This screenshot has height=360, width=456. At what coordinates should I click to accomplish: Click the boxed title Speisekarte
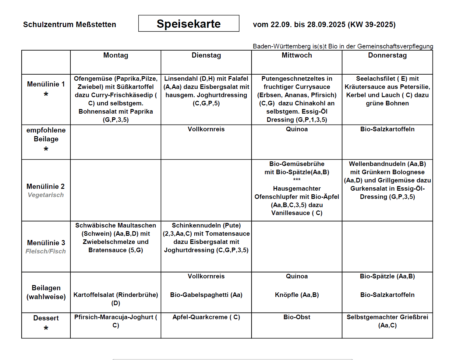click(x=189, y=24)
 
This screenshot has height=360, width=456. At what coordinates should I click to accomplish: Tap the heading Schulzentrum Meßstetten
click(x=69, y=25)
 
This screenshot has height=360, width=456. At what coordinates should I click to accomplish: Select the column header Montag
click(x=116, y=55)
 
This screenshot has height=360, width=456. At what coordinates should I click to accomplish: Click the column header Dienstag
click(x=206, y=55)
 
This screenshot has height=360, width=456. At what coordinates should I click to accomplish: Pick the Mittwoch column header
click(x=297, y=55)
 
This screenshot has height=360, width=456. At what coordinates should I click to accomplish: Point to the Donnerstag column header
click(x=387, y=55)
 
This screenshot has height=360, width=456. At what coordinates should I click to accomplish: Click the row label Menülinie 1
click(x=46, y=84)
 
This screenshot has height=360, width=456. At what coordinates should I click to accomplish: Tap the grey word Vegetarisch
click(x=46, y=195)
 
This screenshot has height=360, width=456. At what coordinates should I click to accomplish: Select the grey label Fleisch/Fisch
click(x=46, y=251)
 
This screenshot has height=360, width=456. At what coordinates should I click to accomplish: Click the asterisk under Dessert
click(x=46, y=328)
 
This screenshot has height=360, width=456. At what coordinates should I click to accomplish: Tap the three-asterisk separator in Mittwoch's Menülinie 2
click(x=297, y=180)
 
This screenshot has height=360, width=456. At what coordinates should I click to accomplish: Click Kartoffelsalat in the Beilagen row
click(x=93, y=295)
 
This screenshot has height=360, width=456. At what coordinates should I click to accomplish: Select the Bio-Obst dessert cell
click(x=297, y=317)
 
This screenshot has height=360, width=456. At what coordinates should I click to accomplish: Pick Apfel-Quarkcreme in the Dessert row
click(x=200, y=317)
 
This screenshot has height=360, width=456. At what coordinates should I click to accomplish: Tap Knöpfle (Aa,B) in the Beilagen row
click(x=297, y=295)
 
